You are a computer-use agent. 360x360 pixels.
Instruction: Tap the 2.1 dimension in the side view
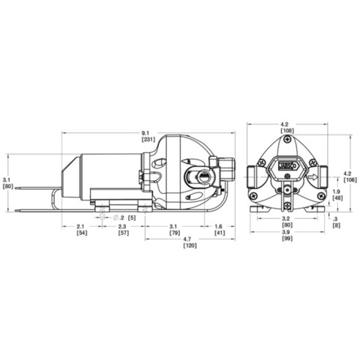point(81,227)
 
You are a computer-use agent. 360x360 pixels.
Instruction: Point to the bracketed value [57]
point(123,233)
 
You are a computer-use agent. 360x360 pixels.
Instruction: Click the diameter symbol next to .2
point(115,217)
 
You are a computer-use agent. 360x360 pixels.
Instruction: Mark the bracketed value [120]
point(189,247)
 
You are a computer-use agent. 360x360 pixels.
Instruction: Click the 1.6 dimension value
point(220,227)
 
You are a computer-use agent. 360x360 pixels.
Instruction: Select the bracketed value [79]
point(173,233)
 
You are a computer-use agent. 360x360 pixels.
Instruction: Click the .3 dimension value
point(336,218)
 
